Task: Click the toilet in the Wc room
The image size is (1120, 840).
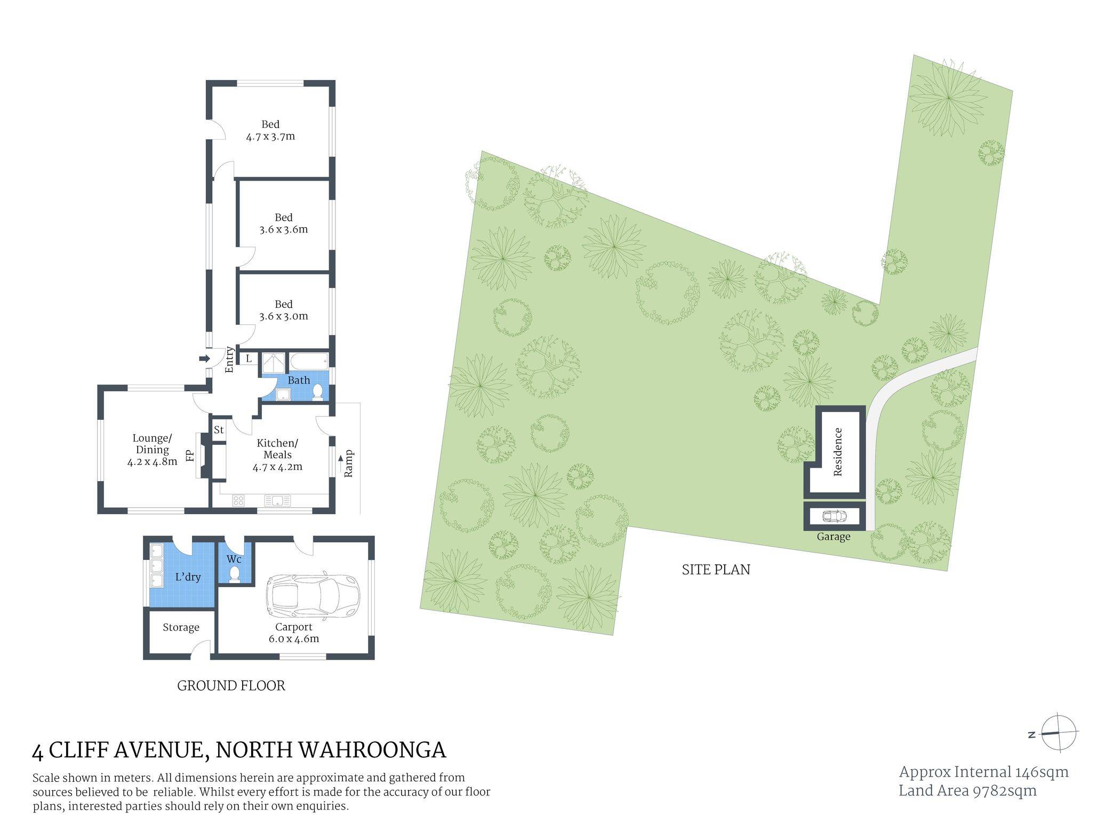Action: [x=234, y=574]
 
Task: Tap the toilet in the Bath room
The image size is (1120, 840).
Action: [x=318, y=391]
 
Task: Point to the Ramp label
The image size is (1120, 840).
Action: [x=349, y=464]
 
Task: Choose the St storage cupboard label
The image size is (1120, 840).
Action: [x=219, y=429]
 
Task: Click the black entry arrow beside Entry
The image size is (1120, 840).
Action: [x=204, y=358]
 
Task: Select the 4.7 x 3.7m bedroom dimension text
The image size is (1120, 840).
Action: [x=270, y=137]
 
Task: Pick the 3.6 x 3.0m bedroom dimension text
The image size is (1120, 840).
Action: [x=284, y=316]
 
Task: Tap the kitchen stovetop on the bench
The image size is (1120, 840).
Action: [x=238, y=500]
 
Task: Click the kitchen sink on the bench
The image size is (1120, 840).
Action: [x=277, y=500]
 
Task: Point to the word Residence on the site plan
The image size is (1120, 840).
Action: [x=837, y=452]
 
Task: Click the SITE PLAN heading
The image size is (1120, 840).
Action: [x=716, y=570]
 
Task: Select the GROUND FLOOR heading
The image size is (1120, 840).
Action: [x=231, y=686]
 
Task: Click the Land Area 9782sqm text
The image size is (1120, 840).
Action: [x=967, y=790]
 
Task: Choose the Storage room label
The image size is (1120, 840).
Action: [x=181, y=628]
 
